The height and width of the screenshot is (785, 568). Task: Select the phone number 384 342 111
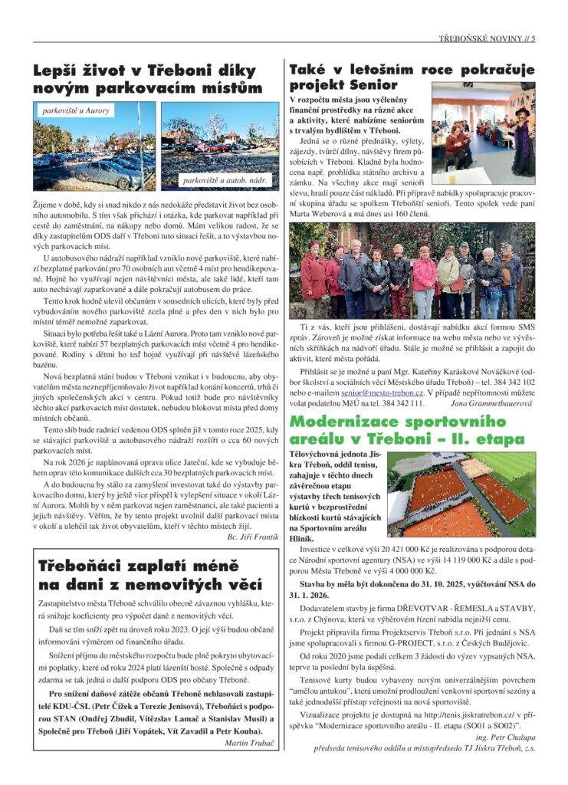(x=399, y=402)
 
